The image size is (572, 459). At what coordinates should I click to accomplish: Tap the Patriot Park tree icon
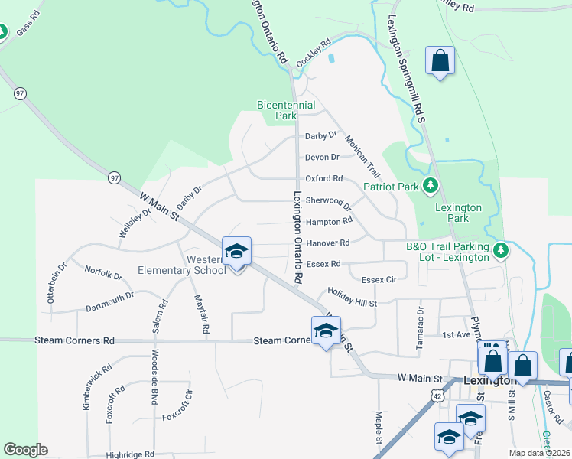(x=431, y=186)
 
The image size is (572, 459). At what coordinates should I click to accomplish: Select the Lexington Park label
(x=458, y=213)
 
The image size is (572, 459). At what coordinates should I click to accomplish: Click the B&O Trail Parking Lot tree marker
(x=501, y=250)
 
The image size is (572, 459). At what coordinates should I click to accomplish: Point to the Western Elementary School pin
(x=236, y=252)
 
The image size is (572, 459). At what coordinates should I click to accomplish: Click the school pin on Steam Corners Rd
(x=326, y=331)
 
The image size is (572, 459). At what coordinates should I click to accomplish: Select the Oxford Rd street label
(x=324, y=178)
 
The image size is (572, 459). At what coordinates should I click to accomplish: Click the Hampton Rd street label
(x=329, y=221)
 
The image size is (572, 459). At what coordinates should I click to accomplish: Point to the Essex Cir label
(x=379, y=280)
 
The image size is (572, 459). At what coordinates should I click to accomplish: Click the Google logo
(x=25, y=450)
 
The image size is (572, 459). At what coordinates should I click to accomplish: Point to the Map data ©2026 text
(x=538, y=453)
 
